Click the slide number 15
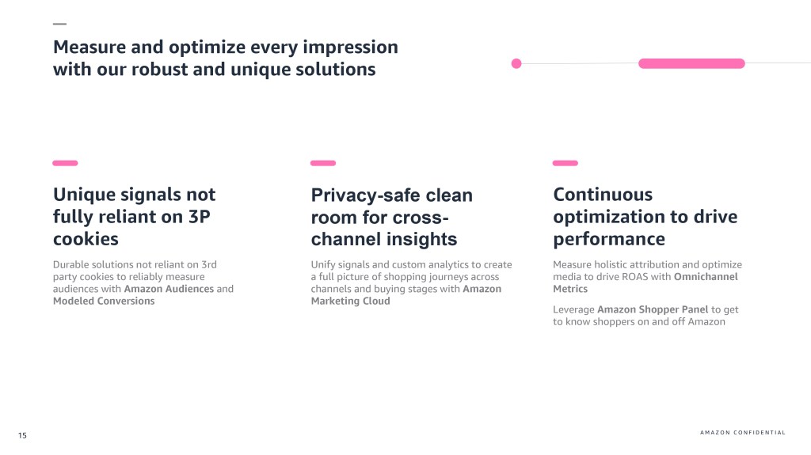22,435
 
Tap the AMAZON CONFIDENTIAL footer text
743,432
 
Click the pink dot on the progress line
516,63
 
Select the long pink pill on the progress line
691,63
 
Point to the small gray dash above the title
59,24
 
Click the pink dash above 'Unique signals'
65,163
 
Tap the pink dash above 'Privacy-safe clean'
323,163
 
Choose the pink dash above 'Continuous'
565,163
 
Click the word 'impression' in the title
350,47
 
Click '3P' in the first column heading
199,217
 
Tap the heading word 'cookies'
86,239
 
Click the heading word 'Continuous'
603,195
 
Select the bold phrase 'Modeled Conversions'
104,301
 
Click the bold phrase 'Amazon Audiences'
169,289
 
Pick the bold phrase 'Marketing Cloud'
351,301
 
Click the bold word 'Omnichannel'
706,277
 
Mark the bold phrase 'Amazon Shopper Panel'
653,309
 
